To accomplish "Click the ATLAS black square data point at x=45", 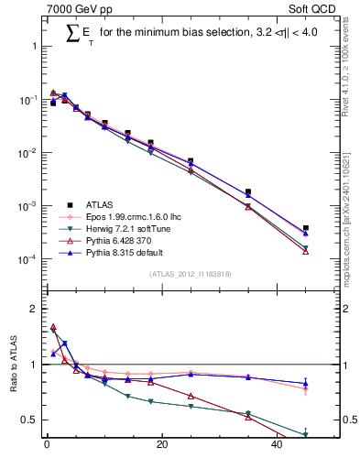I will point(306,228).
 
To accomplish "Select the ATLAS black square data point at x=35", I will point(248,192).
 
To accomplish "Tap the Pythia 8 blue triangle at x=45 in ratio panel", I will point(306,384).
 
